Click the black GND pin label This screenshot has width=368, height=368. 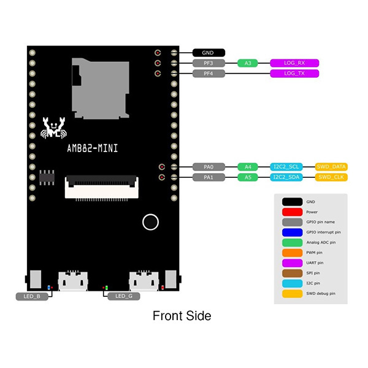coord(209,53)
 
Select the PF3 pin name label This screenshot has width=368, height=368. coord(209,63)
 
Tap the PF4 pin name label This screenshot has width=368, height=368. coord(209,74)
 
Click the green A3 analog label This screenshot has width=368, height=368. coord(248,63)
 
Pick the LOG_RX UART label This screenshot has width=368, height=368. coord(295,63)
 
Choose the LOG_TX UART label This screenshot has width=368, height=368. coord(295,74)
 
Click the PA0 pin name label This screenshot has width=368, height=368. coord(209,167)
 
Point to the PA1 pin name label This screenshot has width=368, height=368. coord(209,177)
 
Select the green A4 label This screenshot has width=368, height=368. coord(248,167)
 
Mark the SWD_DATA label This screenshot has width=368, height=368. coord(331,167)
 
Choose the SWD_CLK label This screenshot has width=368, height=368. coord(331,177)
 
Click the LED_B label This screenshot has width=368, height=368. coord(32,296)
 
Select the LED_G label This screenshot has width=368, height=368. coord(123,296)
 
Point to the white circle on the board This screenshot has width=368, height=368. coord(150,222)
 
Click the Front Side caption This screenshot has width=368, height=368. coord(182,316)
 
